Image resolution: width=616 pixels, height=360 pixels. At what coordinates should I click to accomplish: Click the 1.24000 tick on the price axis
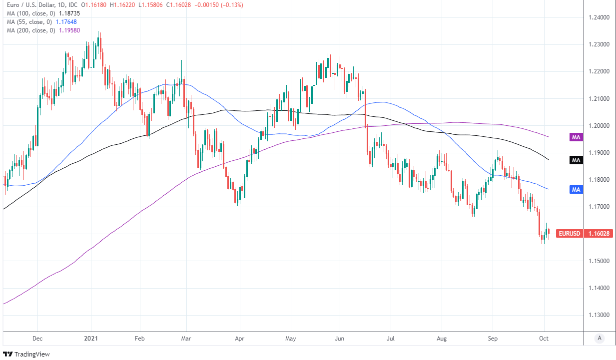click(x=599, y=17)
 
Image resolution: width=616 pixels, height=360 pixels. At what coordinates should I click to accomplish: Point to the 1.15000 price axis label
click(x=599, y=261)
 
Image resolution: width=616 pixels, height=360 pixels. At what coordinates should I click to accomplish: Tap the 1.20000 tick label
click(x=599, y=126)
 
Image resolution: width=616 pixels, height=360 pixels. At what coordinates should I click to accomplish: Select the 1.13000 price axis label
click(x=599, y=316)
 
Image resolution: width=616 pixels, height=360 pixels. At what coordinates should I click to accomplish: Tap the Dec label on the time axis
click(x=38, y=338)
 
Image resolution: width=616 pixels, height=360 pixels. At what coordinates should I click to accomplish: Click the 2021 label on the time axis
click(x=91, y=338)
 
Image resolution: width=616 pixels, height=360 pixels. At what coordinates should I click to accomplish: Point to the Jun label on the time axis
click(x=340, y=338)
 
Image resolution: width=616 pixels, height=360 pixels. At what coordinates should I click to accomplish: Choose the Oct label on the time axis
click(x=544, y=338)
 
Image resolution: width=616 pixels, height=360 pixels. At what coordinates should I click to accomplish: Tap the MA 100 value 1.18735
click(x=69, y=13)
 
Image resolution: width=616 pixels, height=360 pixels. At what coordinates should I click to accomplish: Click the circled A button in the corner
click(x=599, y=338)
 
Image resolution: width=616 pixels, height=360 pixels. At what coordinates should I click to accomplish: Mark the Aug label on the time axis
click(x=442, y=338)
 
